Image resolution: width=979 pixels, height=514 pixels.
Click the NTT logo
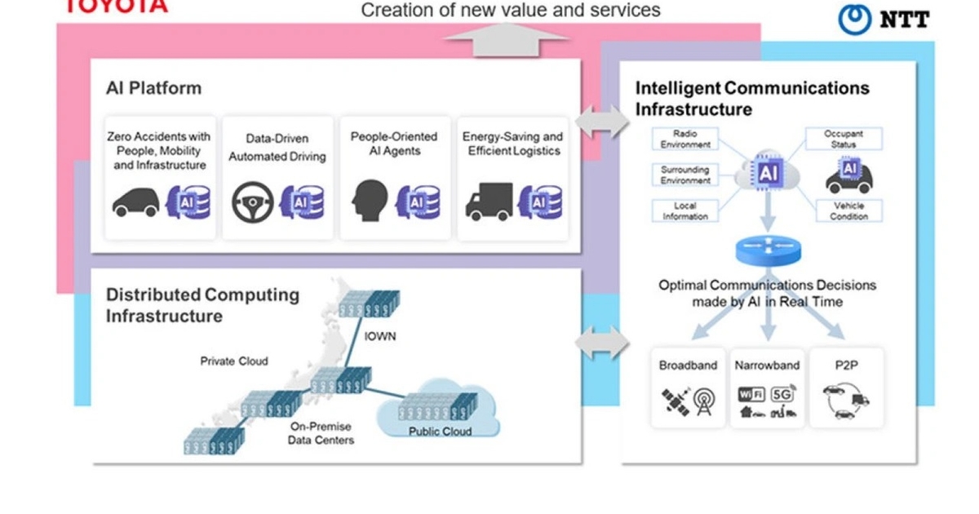pos(884,19)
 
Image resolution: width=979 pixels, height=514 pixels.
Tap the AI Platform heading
pos(153,88)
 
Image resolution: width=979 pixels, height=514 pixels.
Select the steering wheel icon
pos(252,202)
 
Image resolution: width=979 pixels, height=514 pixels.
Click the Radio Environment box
pos(685,139)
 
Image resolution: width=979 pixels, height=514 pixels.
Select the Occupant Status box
pos(844,139)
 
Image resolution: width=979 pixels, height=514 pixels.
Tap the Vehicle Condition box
pos(848,210)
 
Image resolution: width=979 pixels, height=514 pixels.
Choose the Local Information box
pos(685,210)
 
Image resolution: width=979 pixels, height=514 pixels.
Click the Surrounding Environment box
pos(685,175)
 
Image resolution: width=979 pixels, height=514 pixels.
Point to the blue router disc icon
pos(768,251)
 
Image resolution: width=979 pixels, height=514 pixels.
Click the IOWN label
pos(381,335)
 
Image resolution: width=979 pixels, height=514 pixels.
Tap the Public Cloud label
pos(440,431)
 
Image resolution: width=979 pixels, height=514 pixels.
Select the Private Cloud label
pos(234,361)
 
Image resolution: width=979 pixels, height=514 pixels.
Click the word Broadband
pos(688,366)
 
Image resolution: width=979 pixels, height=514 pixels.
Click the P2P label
pos(844,366)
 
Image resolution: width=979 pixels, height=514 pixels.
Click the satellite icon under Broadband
pos(675,401)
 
